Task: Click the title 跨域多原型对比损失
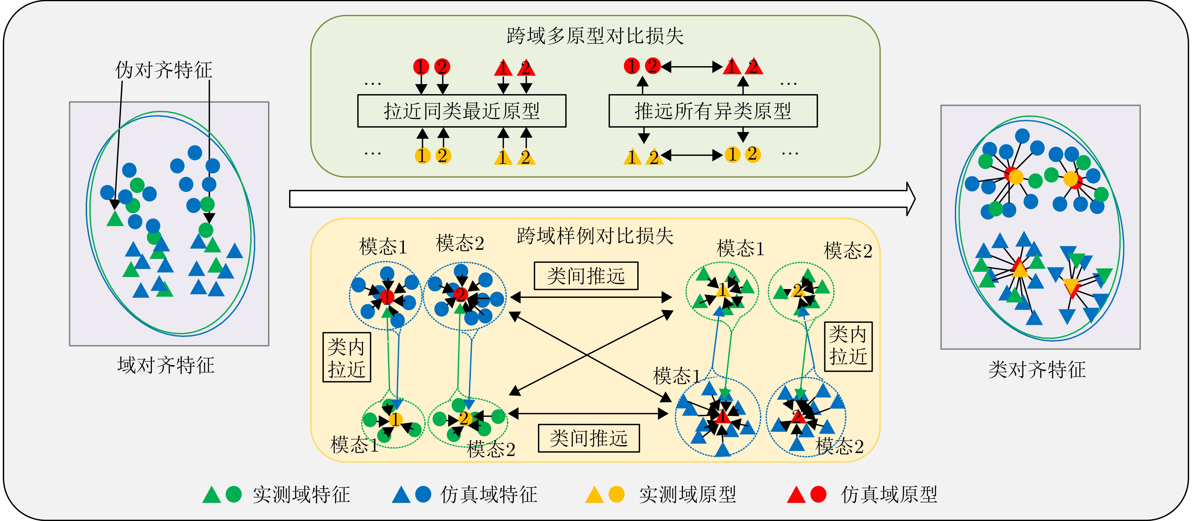pyautogui.click(x=595, y=36)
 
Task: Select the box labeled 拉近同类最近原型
pyautogui.click(x=461, y=111)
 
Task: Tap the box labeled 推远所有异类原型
pyautogui.click(x=713, y=111)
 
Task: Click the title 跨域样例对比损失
pyautogui.click(x=595, y=236)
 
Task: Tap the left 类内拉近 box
pyautogui.click(x=347, y=358)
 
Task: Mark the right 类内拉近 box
pyautogui.click(x=848, y=347)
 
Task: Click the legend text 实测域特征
pyautogui.click(x=301, y=495)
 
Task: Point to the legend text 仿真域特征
pyautogui.click(x=489, y=495)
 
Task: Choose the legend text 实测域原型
pyautogui.click(x=688, y=495)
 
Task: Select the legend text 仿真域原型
pyautogui.click(x=889, y=495)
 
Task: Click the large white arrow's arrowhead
pyautogui.click(x=910, y=199)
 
